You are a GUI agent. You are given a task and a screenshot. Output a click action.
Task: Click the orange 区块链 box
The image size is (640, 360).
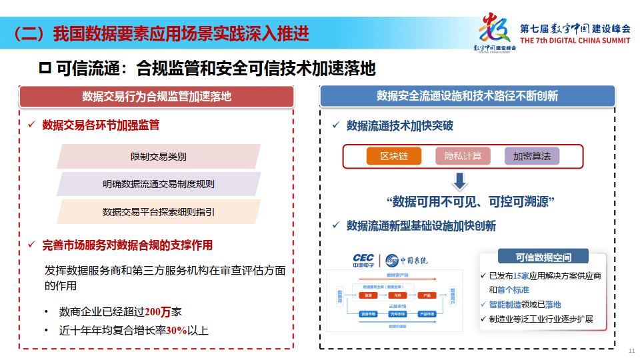394,156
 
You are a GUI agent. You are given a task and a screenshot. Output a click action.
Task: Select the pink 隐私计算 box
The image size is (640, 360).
463,156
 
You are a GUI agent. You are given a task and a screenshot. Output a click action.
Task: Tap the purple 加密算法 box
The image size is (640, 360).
531,156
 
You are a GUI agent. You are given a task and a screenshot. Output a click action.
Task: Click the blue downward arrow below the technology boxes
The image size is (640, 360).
460,182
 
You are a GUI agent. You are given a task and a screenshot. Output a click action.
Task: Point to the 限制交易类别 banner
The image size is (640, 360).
158,157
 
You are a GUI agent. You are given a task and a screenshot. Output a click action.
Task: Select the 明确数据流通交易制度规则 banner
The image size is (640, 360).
158,184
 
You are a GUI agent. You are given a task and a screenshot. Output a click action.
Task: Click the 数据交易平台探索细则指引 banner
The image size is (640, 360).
158,211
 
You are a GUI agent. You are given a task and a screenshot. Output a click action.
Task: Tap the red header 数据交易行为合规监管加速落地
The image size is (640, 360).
157,96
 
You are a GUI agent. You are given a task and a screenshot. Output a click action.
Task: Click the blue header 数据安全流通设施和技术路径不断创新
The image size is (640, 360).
467,96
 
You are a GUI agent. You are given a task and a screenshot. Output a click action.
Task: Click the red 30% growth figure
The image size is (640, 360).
177,330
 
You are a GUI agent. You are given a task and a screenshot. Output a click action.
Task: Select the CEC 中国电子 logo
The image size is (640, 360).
363,259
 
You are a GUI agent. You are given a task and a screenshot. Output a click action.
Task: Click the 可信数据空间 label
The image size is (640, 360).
543,257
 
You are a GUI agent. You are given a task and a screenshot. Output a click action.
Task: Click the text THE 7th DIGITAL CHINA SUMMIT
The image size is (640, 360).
575,40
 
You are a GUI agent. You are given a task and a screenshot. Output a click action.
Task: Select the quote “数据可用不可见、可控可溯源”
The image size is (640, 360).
471,201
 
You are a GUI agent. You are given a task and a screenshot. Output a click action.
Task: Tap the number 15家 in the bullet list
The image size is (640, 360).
521,275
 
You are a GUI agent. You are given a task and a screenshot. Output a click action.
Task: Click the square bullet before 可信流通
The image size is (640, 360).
45,68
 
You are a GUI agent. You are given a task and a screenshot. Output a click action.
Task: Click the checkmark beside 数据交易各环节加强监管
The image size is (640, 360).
31,125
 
